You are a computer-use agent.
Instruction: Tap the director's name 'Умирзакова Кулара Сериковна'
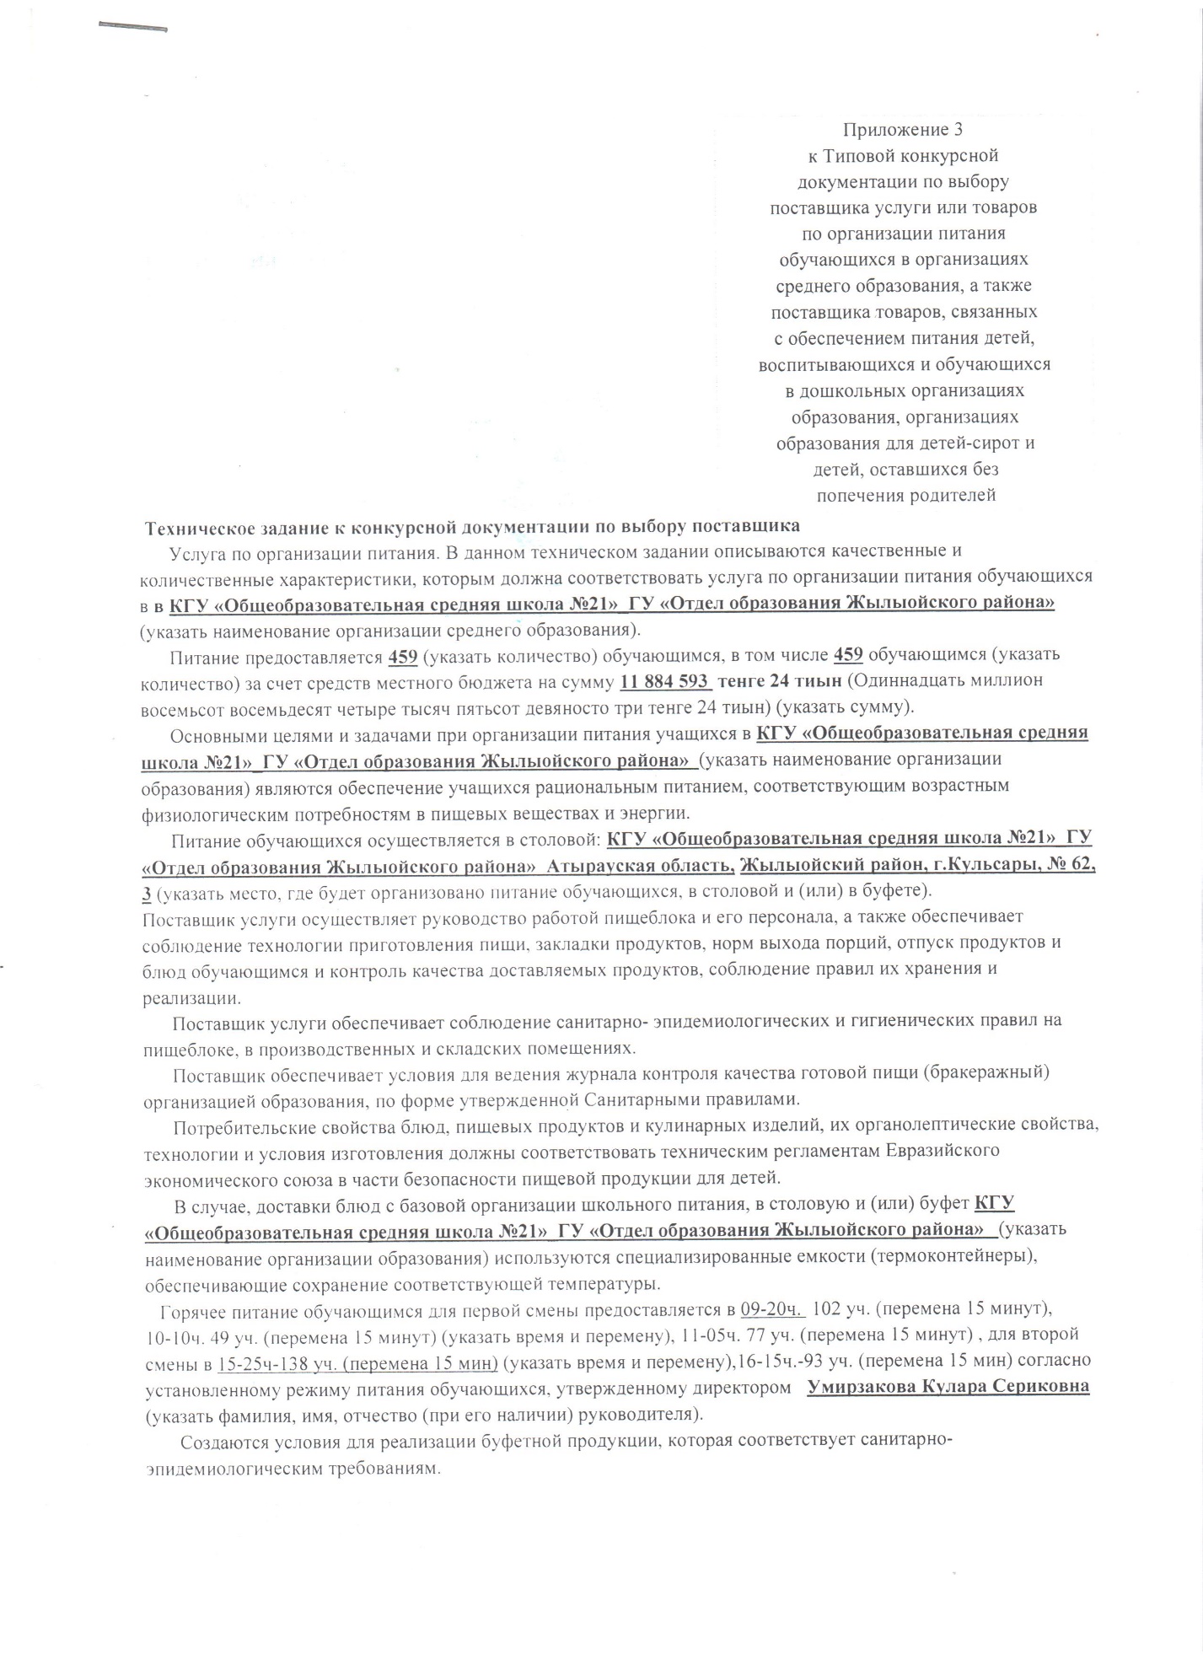(x=948, y=1387)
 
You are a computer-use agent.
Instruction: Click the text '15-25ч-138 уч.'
(x=277, y=1362)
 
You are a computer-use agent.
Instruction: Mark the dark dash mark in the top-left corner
(x=133, y=27)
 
